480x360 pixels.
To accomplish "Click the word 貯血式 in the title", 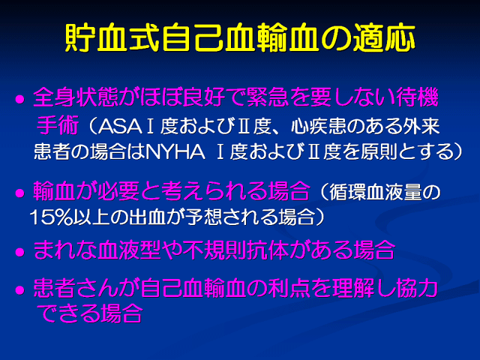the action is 112,37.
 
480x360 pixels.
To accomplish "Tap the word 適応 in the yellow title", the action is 385,37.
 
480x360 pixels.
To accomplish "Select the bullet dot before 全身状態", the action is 20,100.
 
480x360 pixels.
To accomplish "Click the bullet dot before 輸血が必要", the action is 20,193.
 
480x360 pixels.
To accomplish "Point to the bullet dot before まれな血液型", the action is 20,252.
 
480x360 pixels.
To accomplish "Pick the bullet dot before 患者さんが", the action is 20,290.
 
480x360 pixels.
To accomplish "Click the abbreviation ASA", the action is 119,126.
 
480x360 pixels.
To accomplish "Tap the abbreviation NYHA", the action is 175,151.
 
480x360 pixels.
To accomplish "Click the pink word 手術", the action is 57,125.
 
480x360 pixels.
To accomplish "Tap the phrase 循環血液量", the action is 376,192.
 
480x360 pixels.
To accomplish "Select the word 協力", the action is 417,288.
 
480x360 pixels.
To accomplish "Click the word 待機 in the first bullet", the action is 418,97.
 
